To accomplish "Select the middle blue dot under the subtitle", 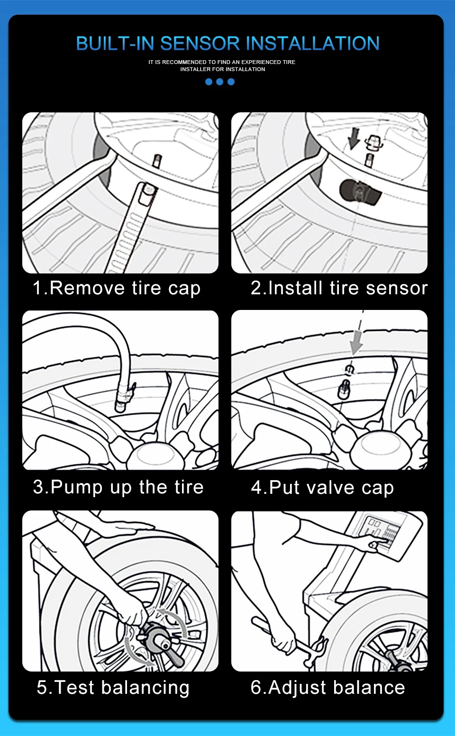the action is pos(219,82).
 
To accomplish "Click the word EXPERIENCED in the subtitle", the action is pos(261,62).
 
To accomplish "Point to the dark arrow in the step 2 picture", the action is pos(354,138).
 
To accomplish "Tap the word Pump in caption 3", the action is pos(76,487).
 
